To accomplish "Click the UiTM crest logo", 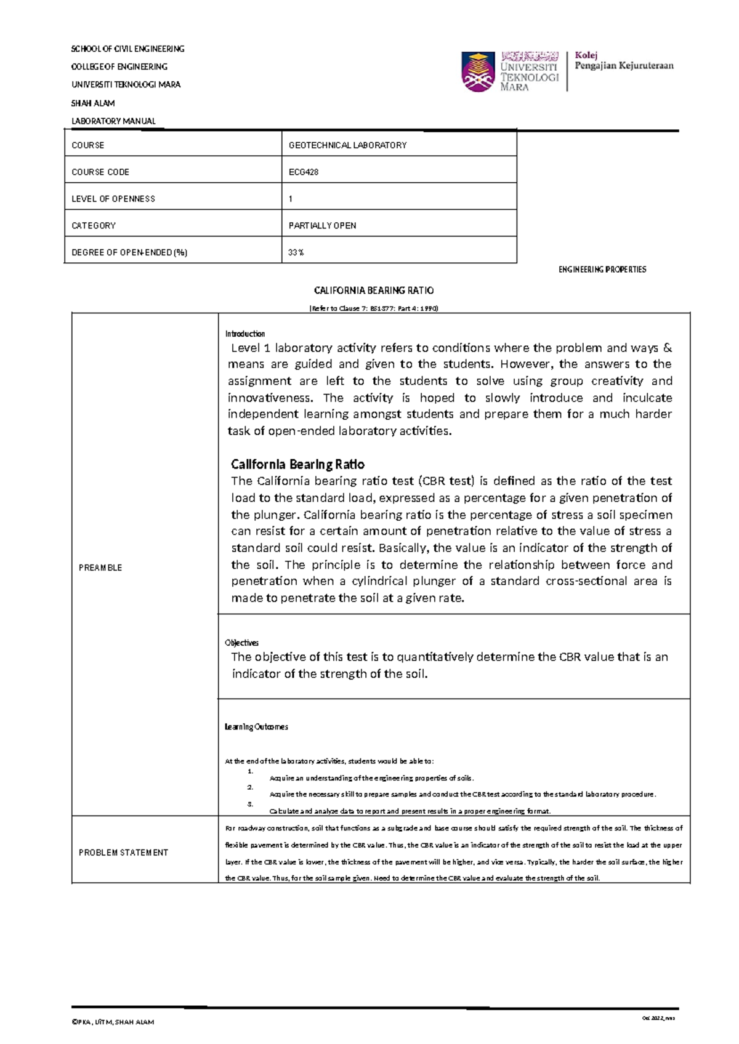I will point(478,71).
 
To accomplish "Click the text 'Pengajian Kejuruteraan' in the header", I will point(624,66).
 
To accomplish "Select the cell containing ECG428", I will point(304,172).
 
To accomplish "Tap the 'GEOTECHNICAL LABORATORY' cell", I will point(347,145).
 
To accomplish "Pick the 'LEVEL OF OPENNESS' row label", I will point(113,199).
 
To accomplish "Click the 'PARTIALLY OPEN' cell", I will point(322,226).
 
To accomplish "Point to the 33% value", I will point(296,252).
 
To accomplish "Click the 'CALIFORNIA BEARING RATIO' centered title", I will point(374,291).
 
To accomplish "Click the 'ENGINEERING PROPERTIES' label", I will point(602,270).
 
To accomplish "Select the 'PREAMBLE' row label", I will point(100,568).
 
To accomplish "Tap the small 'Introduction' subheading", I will point(244,334).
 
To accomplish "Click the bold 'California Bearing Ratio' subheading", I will point(297,464).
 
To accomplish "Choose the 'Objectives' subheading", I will point(241,643).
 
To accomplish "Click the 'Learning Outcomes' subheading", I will point(256,727).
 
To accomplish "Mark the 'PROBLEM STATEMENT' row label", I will point(123,853).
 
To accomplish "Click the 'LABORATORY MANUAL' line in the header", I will point(113,121).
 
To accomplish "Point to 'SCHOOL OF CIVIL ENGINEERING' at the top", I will point(127,49).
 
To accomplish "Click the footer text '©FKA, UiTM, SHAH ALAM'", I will point(113,1022).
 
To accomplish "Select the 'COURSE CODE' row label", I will point(100,172).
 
